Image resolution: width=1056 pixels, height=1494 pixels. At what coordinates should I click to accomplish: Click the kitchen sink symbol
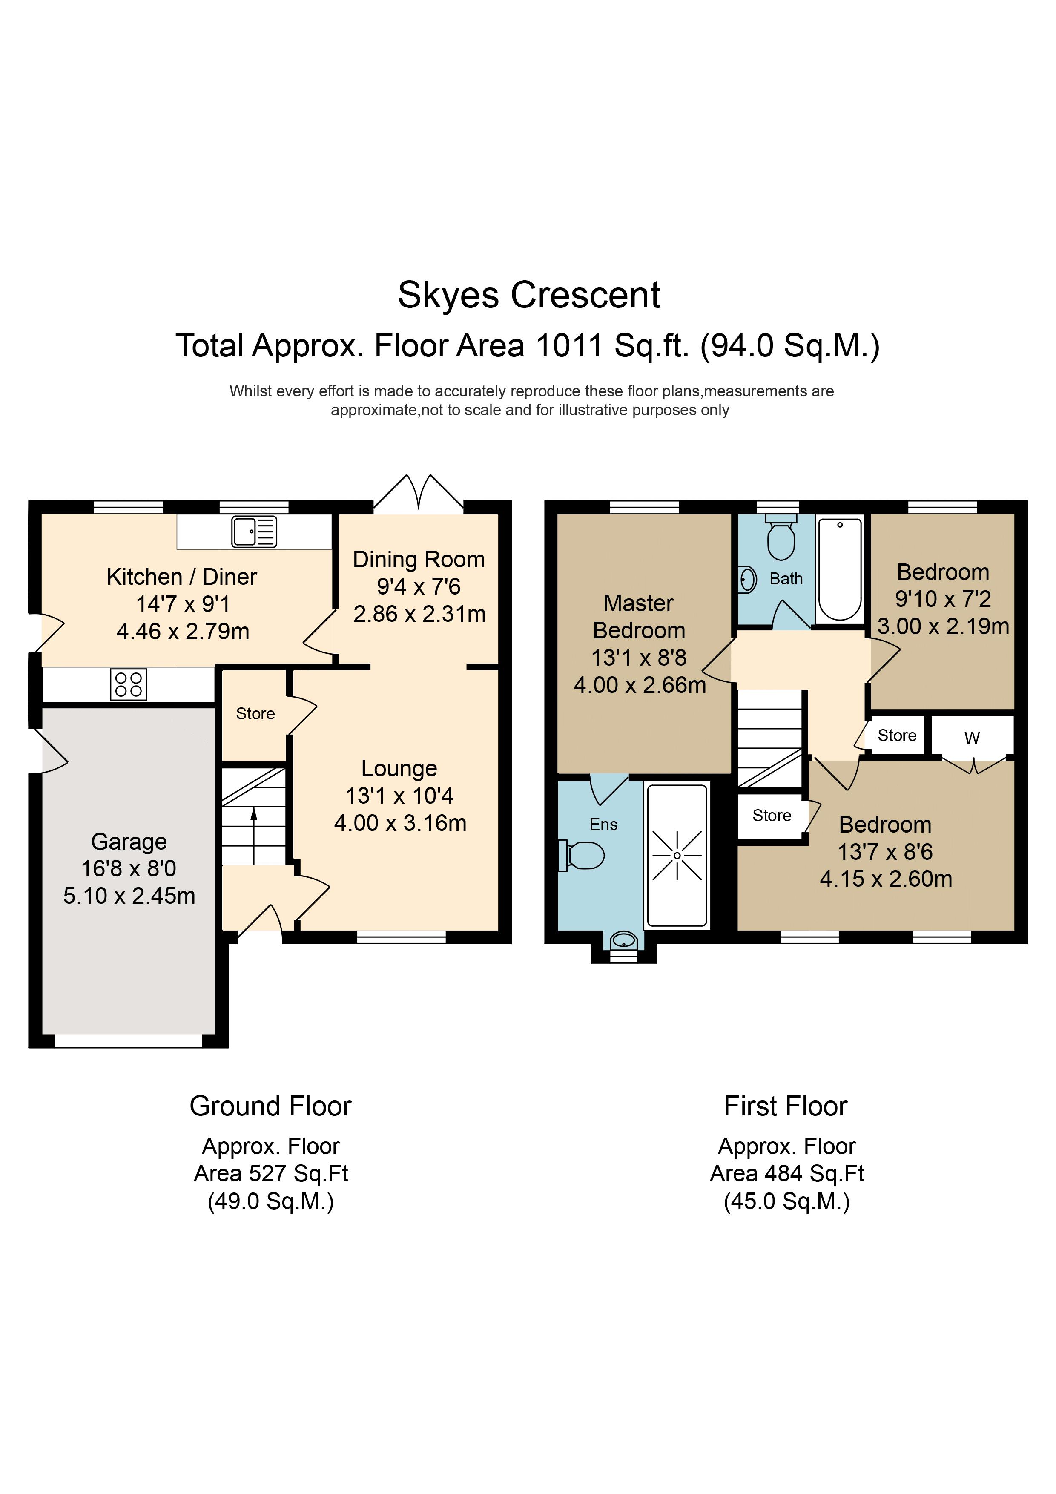click(x=254, y=532)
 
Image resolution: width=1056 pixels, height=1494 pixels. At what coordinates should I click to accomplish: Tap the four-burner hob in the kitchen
click(x=128, y=684)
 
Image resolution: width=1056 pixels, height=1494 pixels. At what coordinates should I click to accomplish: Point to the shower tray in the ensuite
click(x=677, y=855)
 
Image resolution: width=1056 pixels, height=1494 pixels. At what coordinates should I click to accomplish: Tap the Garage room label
click(x=129, y=842)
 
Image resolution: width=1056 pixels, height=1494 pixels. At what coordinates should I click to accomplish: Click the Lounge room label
click(x=399, y=769)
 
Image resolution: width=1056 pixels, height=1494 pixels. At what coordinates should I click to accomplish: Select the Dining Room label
click(x=419, y=560)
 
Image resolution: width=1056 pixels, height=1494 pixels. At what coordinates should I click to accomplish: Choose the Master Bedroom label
click(x=639, y=617)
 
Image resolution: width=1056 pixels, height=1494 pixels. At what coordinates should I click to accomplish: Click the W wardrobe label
click(x=972, y=738)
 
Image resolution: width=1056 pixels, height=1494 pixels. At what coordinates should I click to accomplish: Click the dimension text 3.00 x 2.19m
click(x=944, y=626)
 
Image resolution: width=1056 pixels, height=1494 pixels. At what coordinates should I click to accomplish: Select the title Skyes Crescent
click(x=529, y=296)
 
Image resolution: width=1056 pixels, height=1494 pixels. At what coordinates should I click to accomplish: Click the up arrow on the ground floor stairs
click(x=254, y=836)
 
